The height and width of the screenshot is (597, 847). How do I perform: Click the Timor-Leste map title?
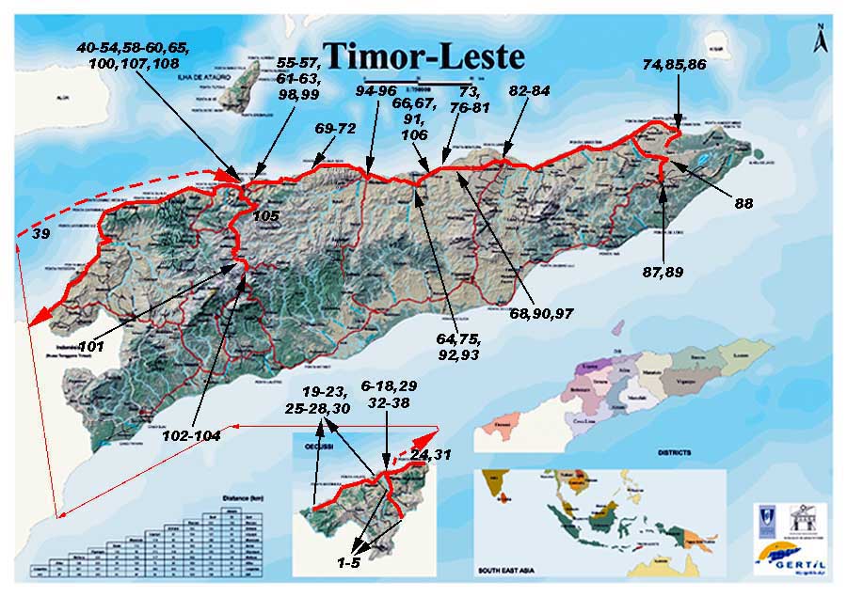(423, 56)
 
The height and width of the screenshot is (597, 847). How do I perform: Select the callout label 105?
(267, 215)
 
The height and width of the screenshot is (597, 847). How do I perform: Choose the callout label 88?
(743, 202)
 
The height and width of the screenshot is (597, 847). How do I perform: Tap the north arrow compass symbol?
(822, 40)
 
